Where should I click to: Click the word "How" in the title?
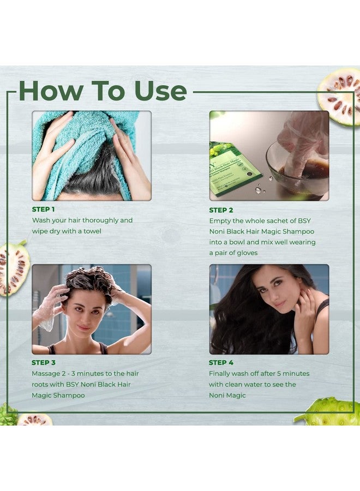click(x=51, y=91)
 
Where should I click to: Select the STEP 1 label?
click(x=43, y=209)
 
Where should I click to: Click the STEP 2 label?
click(x=221, y=210)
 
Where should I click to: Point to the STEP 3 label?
click(x=44, y=363)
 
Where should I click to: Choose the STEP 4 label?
click(x=221, y=363)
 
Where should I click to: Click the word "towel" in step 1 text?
click(x=92, y=231)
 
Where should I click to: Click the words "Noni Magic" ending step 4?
click(x=227, y=395)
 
